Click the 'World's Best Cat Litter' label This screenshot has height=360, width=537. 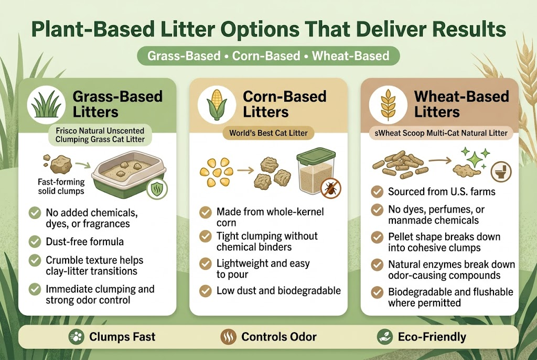click(268, 133)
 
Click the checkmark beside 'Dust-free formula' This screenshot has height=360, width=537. click(35, 242)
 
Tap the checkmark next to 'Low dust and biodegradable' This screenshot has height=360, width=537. click(206, 290)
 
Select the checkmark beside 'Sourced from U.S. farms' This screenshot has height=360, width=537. click(377, 192)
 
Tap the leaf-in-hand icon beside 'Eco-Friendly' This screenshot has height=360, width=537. click(385, 336)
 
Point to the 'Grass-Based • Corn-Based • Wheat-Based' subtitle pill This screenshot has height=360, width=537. click(268, 56)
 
